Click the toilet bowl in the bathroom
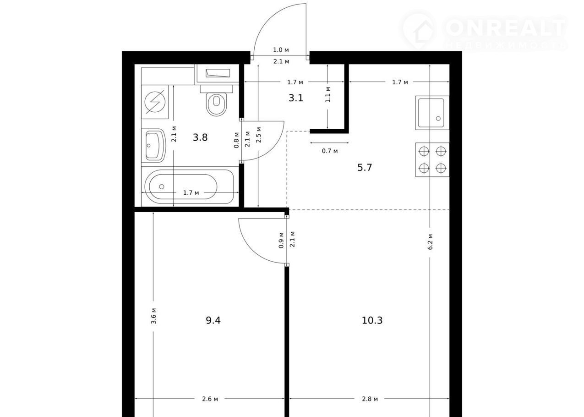216,104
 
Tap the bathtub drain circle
162,187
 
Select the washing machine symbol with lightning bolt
155,102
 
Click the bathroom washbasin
153,145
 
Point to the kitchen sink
432,113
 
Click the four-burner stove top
432,159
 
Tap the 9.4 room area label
213,320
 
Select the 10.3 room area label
372,320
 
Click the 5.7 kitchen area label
365,167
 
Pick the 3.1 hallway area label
296,98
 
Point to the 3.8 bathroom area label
200,137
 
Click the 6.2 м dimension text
430,241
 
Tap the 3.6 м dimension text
153,316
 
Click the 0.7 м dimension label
330,151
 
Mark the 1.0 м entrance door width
281,50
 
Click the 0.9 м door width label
281,240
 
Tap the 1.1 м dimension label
328,94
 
